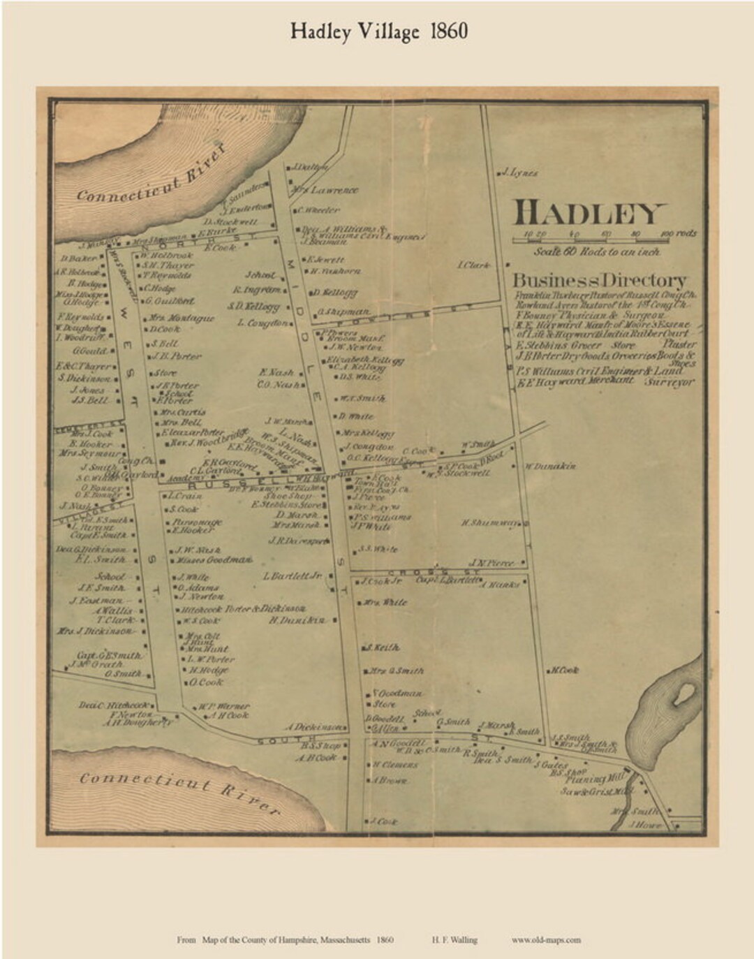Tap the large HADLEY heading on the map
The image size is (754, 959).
pyautogui.click(x=590, y=212)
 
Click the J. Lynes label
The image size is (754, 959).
pyautogui.click(x=520, y=173)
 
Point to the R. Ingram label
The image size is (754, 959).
pyautogui.click(x=257, y=290)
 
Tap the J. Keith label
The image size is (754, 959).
pyautogui.click(x=383, y=647)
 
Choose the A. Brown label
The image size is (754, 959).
pyautogui.click(x=390, y=780)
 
